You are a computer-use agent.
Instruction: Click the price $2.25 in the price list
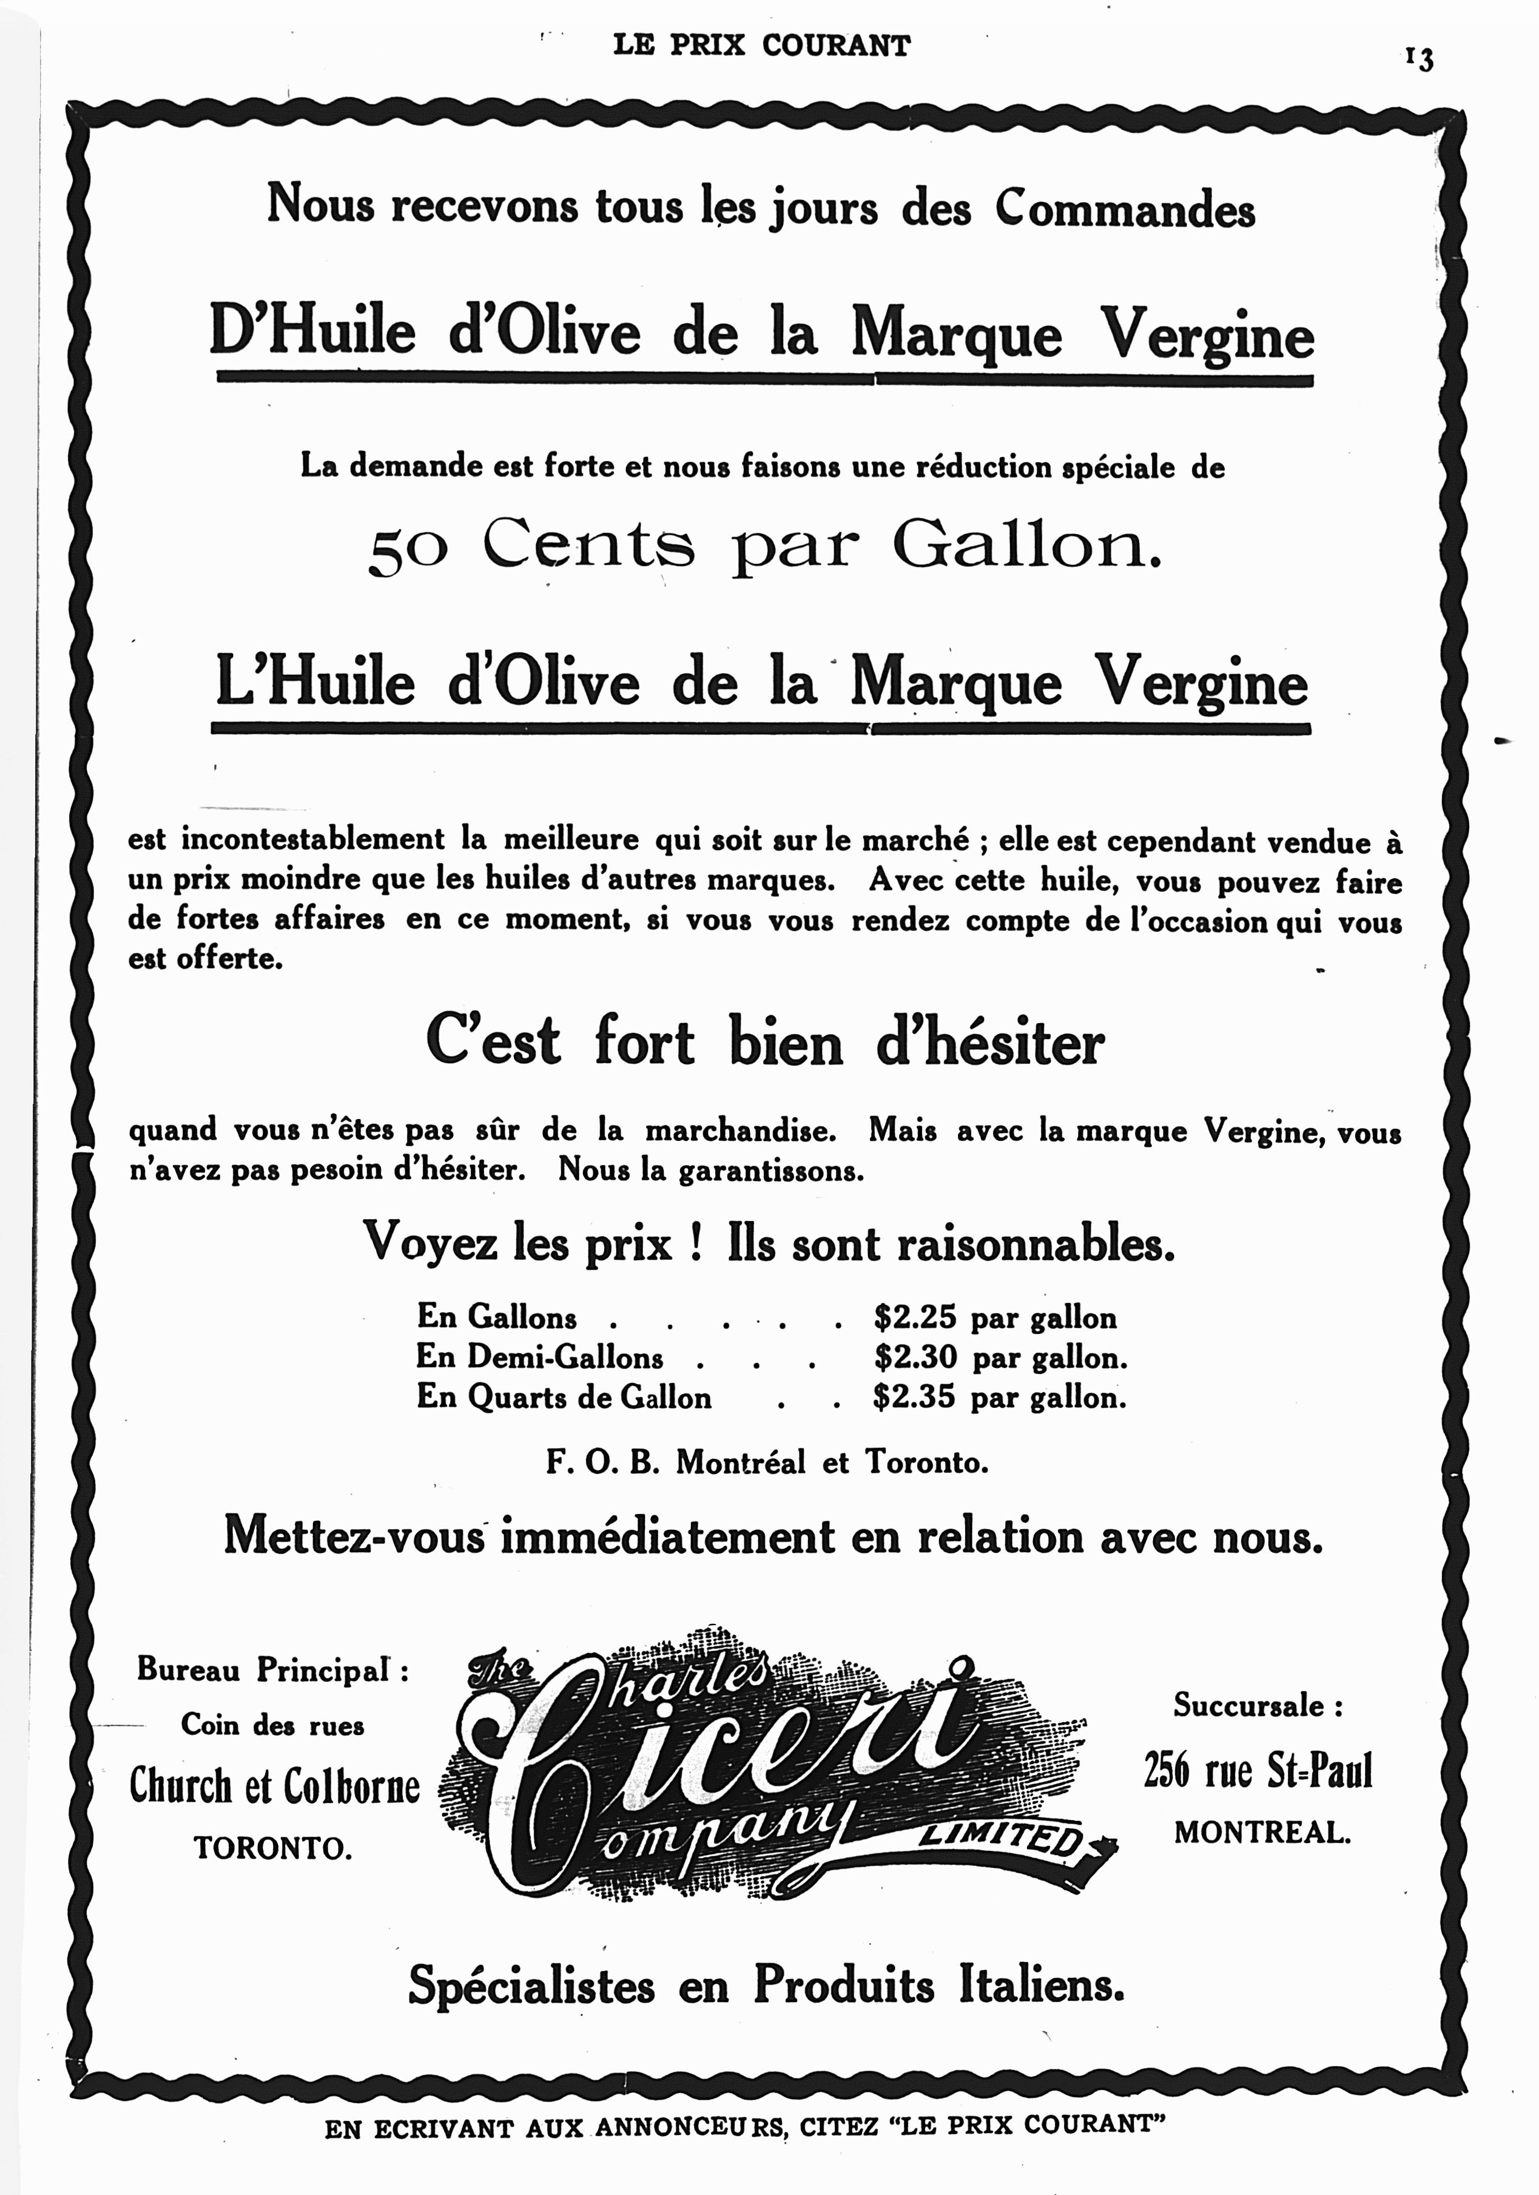tap(914, 1318)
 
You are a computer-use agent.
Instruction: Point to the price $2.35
tap(914, 1398)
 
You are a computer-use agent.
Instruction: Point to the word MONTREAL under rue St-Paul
tap(1262, 1833)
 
